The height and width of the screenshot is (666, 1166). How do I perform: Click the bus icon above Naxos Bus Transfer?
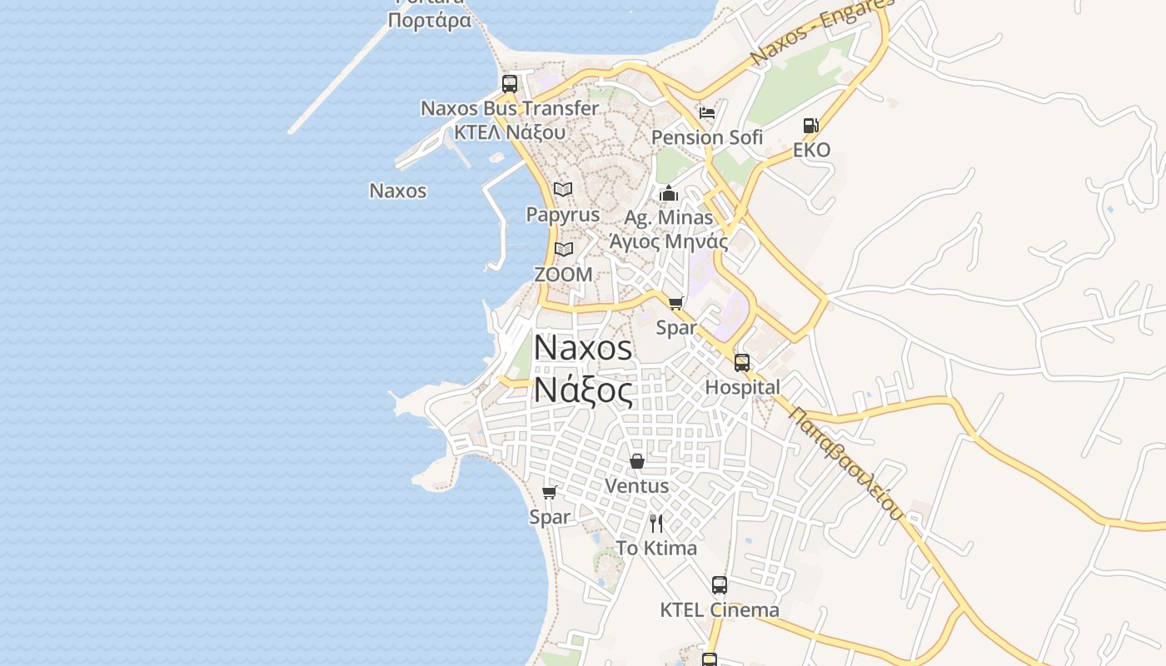click(x=509, y=84)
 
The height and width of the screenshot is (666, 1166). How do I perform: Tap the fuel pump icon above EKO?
click(x=811, y=126)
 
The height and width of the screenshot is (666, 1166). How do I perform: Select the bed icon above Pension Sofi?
click(x=707, y=113)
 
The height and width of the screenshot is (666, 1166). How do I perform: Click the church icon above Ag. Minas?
click(x=668, y=194)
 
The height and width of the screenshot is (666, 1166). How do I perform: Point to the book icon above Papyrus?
click(x=563, y=190)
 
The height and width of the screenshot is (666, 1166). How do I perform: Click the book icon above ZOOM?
click(x=564, y=249)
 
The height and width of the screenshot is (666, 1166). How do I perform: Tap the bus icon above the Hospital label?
click(x=741, y=363)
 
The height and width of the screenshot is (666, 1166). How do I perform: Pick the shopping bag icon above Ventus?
click(x=637, y=461)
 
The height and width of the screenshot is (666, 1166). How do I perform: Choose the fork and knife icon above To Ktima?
click(x=656, y=523)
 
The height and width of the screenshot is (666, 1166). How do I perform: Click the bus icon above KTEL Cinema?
click(x=720, y=585)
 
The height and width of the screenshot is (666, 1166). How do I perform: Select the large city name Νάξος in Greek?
click(x=582, y=389)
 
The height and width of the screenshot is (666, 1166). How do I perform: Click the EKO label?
click(x=811, y=150)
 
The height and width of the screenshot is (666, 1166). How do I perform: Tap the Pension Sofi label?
click(x=706, y=137)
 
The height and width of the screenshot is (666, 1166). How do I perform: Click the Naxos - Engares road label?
click(x=820, y=32)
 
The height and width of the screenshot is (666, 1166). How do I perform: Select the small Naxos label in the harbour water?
click(x=397, y=191)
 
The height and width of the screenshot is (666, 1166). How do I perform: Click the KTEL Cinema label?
click(x=720, y=610)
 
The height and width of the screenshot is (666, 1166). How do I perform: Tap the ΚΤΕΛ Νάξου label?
click(x=510, y=132)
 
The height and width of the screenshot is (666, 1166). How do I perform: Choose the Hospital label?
click(x=742, y=387)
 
